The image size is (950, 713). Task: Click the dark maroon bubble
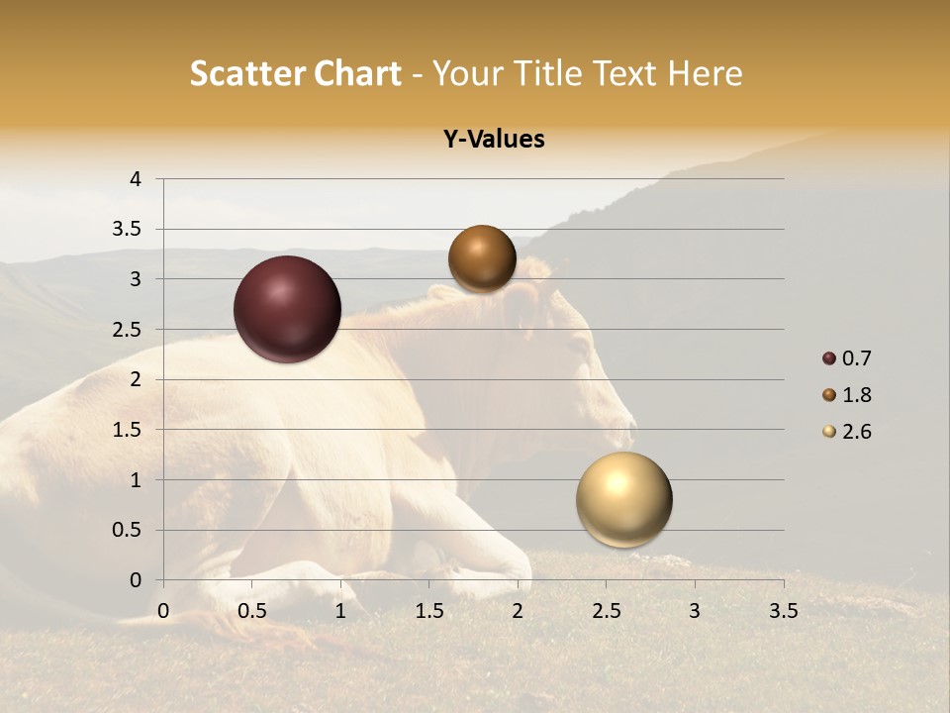(287, 309)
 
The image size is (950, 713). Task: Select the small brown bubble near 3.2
(482, 259)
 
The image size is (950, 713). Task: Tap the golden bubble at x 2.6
(623, 499)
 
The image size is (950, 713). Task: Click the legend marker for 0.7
(829, 358)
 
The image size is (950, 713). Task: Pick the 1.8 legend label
(856, 395)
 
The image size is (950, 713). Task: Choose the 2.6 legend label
(856, 432)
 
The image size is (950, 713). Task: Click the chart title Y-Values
(493, 140)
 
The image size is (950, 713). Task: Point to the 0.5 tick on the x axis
(252, 611)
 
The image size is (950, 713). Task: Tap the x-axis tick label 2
(518, 611)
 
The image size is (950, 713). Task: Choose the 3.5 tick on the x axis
(783, 611)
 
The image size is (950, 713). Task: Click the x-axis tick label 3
(695, 611)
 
